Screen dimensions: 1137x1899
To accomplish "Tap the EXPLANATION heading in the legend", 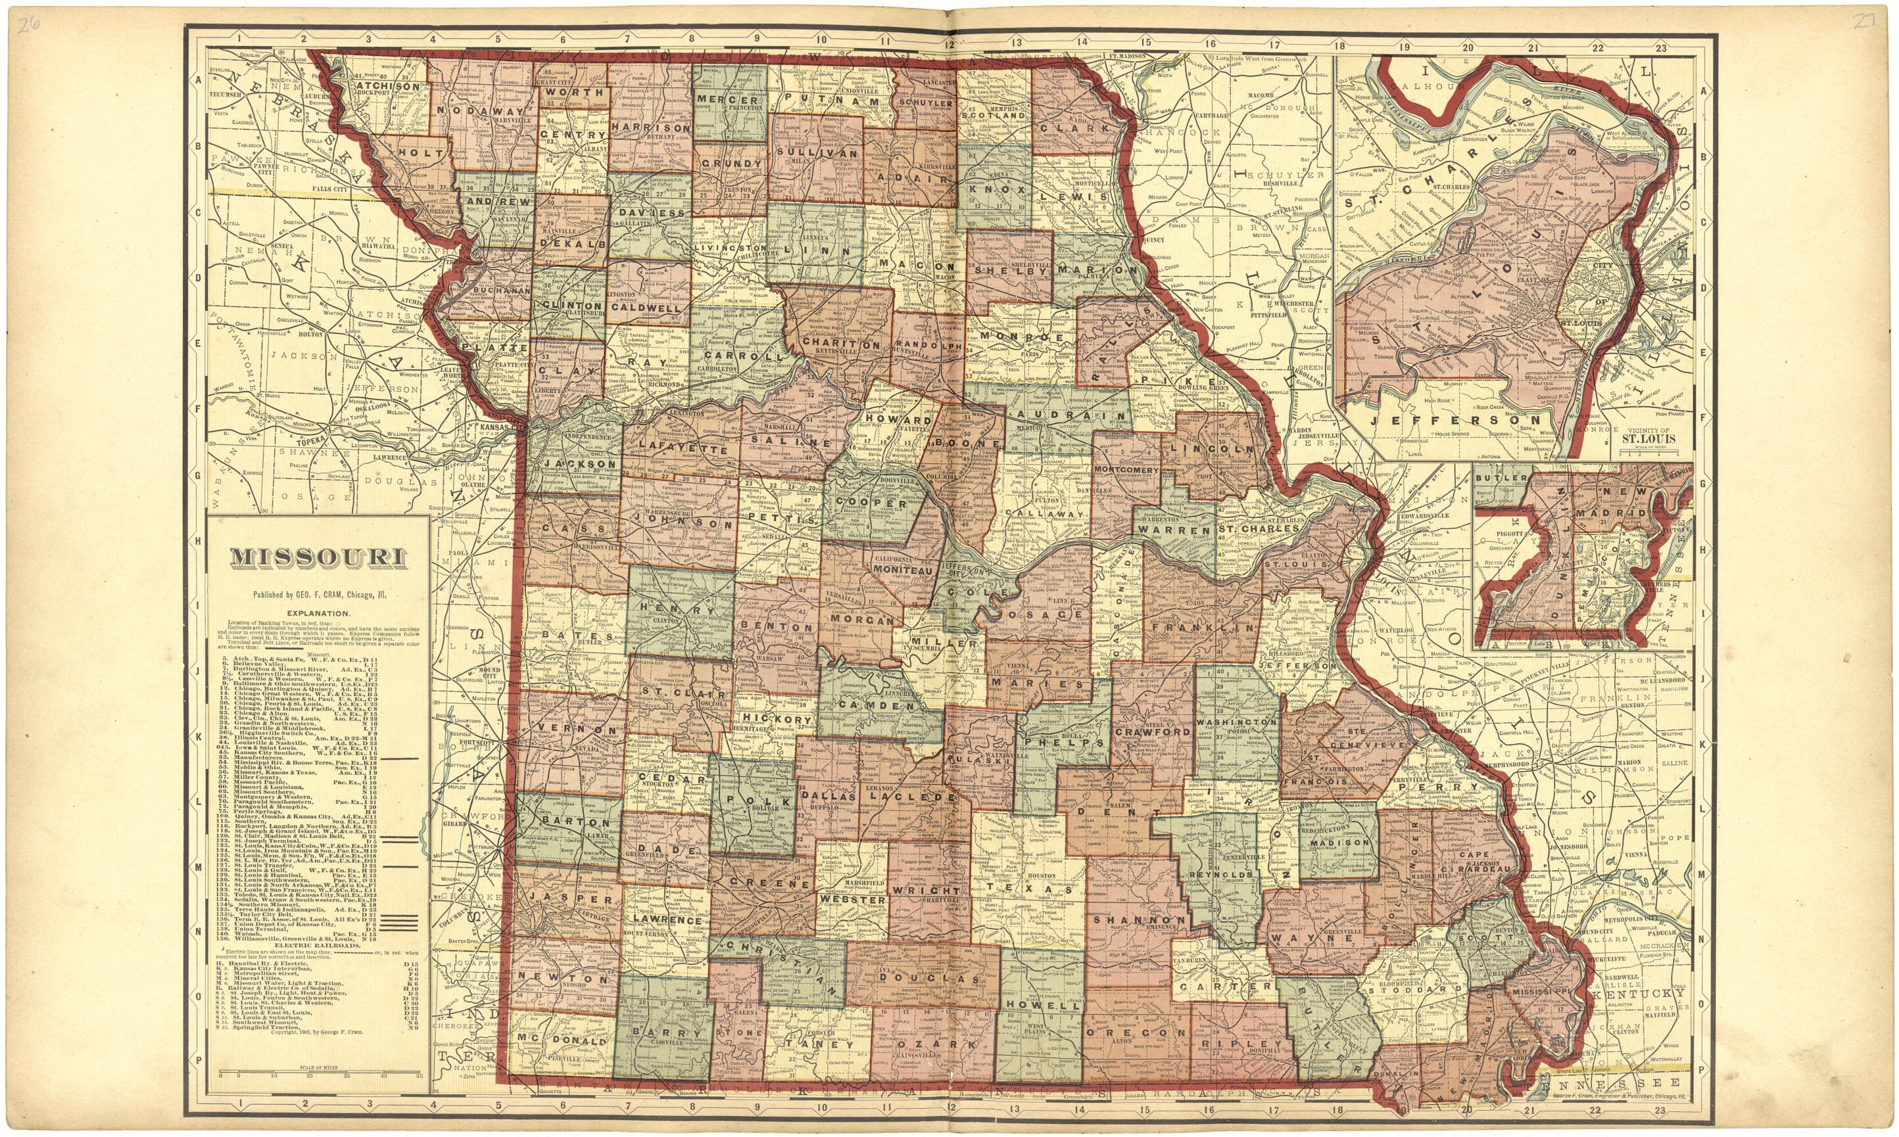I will coord(319,614).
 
